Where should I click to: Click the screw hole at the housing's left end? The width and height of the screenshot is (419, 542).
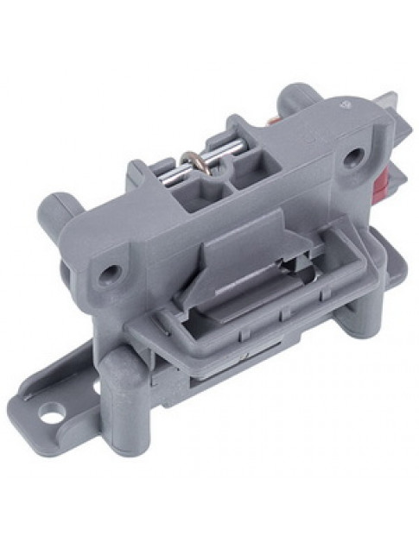tap(109, 273)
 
